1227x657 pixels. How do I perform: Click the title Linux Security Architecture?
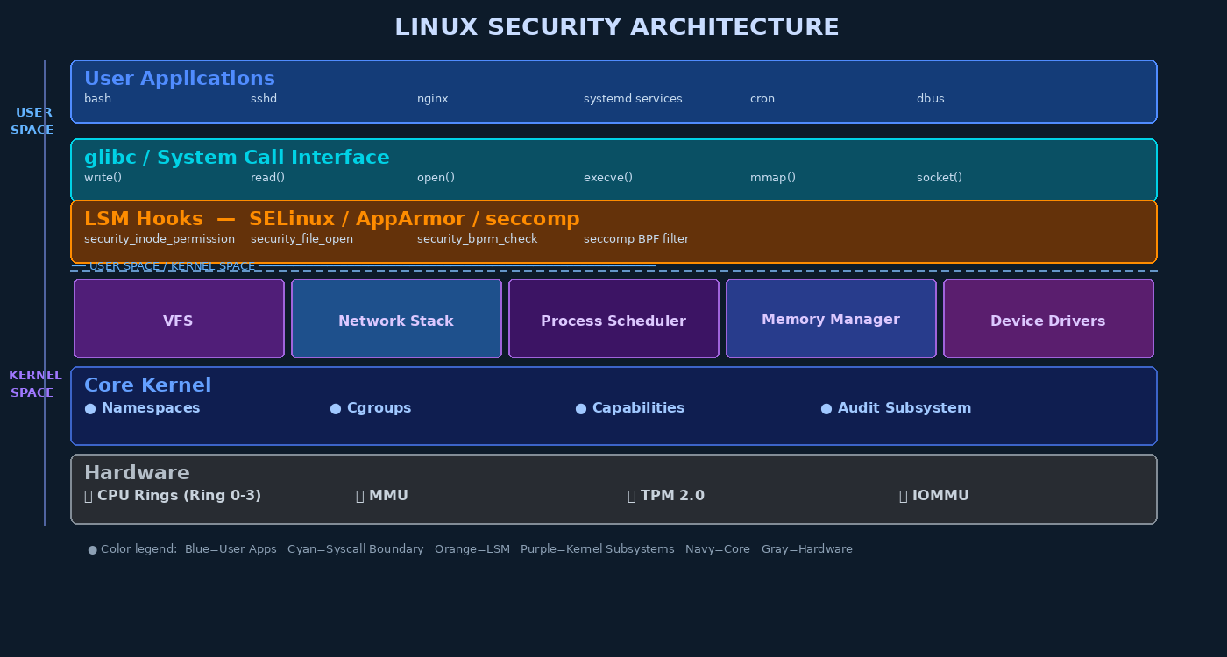[616, 28]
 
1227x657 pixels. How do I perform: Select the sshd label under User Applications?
[264, 99]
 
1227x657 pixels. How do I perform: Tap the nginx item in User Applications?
[432, 99]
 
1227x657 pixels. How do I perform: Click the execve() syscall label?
[607, 178]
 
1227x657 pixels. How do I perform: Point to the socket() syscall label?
[939, 178]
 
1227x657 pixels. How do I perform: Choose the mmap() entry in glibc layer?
[772, 178]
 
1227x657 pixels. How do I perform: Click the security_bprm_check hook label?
[477, 239]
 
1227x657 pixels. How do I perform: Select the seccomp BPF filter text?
[635, 239]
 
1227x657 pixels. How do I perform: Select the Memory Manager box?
[831, 319]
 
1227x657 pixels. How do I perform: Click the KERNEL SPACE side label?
[34, 384]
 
